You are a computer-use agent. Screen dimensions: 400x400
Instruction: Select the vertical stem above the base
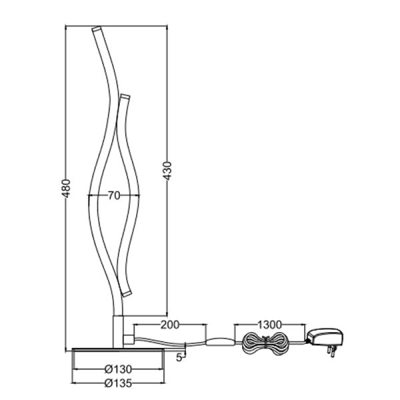tap(117, 330)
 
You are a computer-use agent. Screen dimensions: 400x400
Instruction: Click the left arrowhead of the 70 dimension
tap(89, 195)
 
